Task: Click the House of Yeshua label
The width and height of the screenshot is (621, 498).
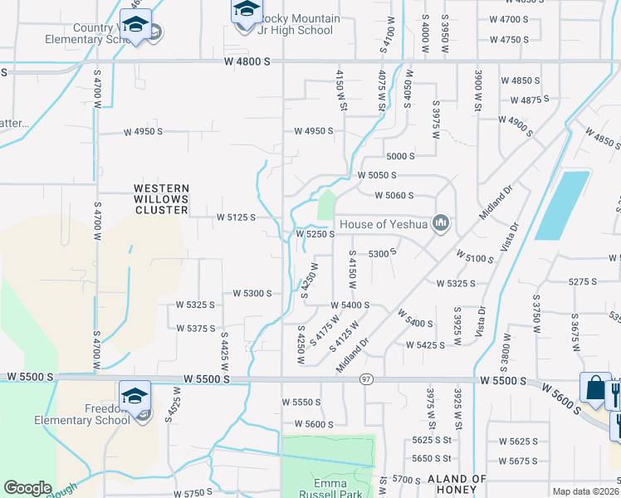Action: [x=382, y=223]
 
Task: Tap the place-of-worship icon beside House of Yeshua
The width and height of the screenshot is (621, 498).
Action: [x=443, y=223]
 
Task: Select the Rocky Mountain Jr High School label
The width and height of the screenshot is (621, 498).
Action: [x=287, y=25]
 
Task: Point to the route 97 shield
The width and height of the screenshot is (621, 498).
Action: [x=366, y=378]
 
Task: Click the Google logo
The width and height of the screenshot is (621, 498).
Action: [x=28, y=488]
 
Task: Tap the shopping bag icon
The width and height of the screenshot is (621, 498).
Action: [x=596, y=389]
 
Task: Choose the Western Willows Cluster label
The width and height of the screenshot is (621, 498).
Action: [x=161, y=199]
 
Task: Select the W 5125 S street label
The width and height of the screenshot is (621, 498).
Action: [x=235, y=217]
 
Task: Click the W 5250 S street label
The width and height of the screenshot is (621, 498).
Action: [x=315, y=235]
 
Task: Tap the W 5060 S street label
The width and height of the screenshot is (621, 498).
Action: [x=394, y=196]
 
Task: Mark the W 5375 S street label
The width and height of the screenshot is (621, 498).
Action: [x=196, y=329]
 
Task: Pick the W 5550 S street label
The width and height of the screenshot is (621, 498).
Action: [x=301, y=403]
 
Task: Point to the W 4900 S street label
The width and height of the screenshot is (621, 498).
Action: [x=516, y=121]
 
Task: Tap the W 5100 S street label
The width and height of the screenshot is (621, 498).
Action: [x=473, y=259]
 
